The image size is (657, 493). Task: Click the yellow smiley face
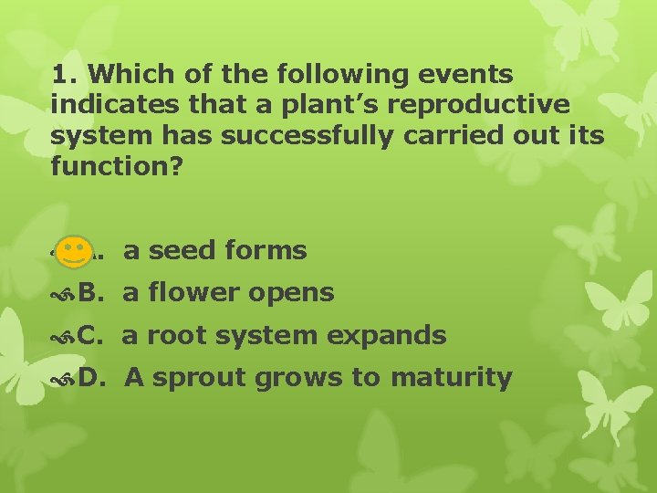(x=72, y=251)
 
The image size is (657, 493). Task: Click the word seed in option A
(x=179, y=250)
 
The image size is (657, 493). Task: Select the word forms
(x=265, y=250)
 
